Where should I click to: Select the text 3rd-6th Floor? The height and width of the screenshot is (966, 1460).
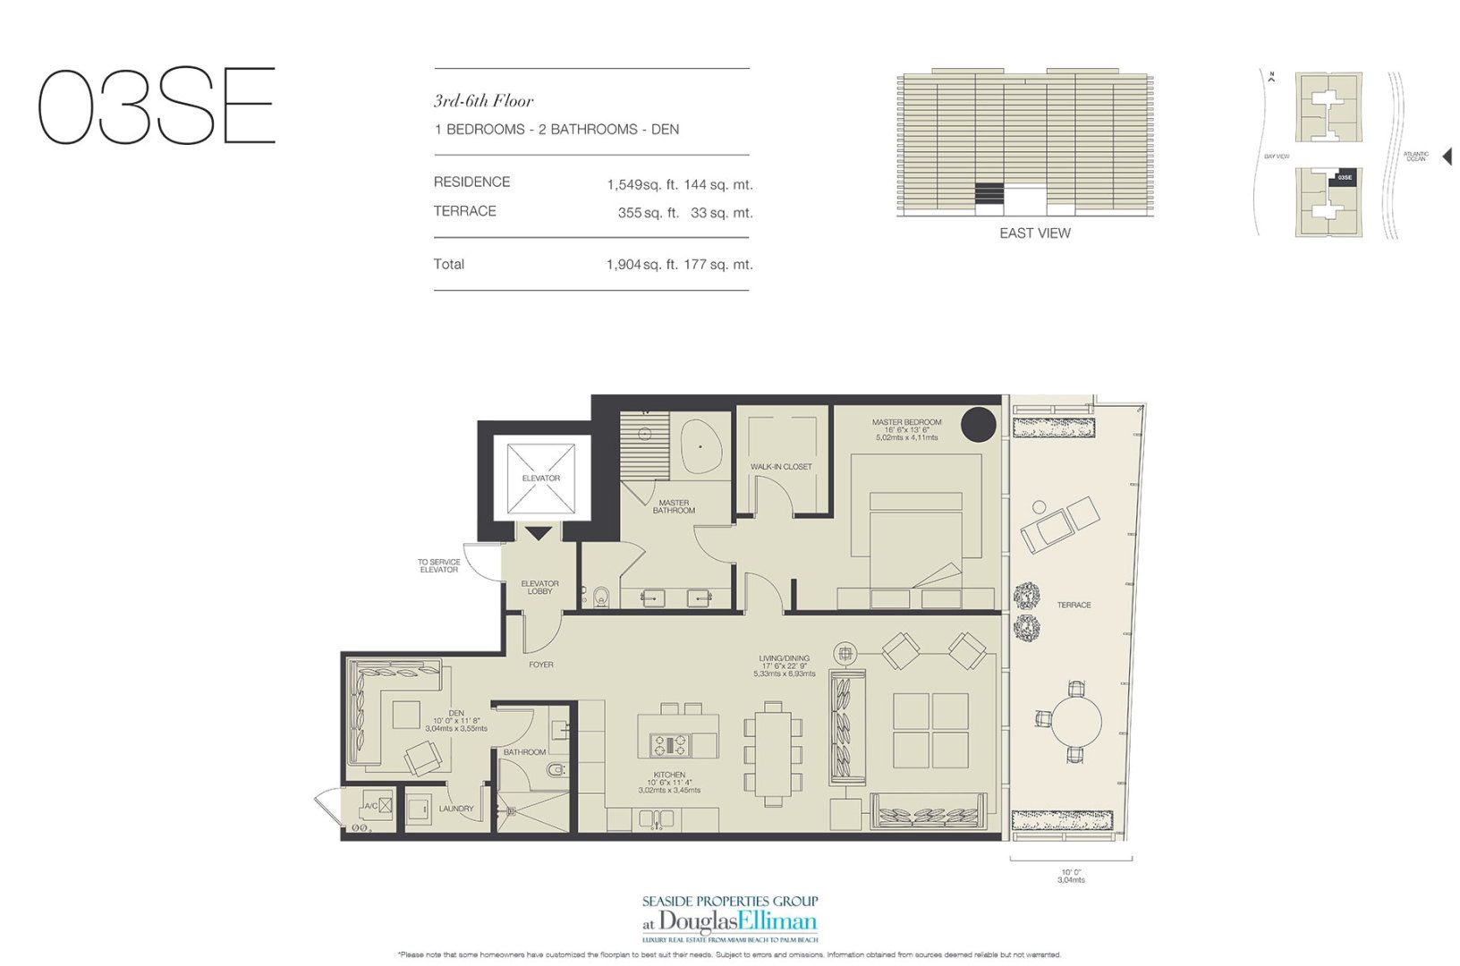[483, 101]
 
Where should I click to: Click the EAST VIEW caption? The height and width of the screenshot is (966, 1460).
[1034, 233]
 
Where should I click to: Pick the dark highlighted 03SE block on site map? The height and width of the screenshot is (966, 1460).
[1344, 177]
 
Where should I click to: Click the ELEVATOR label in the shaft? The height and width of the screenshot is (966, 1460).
[540, 479]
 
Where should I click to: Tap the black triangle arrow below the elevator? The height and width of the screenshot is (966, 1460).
[538, 534]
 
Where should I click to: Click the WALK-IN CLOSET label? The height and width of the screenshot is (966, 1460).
[781, 467]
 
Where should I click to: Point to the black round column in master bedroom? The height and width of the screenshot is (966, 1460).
[978, 423]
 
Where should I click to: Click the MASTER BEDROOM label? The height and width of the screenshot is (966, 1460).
[906, 422]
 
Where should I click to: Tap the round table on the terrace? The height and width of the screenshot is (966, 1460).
[1075, 722]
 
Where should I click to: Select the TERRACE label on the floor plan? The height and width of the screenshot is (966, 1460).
[1074, 606]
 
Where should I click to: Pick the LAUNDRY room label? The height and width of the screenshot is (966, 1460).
[456, 809]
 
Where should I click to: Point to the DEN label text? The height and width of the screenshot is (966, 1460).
[456, 714]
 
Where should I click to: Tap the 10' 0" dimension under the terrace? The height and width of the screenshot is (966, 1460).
[1071, 872]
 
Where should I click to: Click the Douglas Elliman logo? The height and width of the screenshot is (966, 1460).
[729, 922]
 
